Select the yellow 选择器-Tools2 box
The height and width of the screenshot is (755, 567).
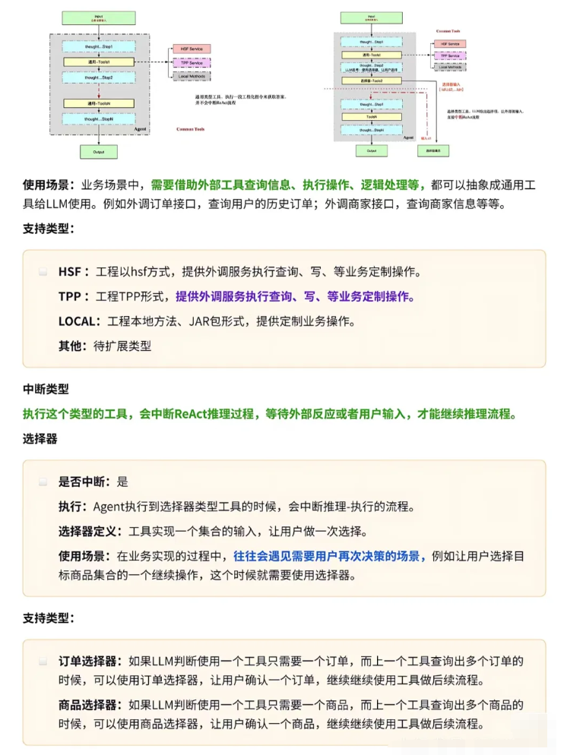(x=372, y=81)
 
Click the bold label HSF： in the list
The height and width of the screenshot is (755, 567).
(x=74, y=272)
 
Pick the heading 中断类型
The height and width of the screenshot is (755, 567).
(x=46, y=389)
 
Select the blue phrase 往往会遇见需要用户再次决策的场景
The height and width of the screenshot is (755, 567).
(x=329, y=556)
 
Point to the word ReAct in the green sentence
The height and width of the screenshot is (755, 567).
(x=195, y=414)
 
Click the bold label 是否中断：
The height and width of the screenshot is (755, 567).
(x=86, y=482)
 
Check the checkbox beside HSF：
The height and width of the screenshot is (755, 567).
(x=43, y=272)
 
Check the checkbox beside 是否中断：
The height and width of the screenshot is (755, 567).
(x=43, y=482)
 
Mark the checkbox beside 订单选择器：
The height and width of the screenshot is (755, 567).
(x=43, y=661)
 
